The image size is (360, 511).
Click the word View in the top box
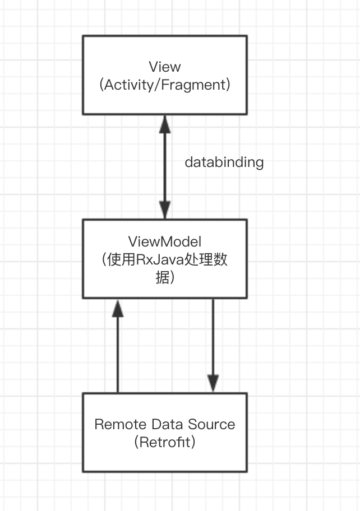(x=164, y=67)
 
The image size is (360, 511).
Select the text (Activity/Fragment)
(x=164, y=85)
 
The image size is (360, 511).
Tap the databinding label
(x=224, y=162)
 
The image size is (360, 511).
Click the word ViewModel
(x=164, y=241)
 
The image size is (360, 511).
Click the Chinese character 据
(x=162, y=278)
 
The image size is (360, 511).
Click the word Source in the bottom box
(x=213, y=424)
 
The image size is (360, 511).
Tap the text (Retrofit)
(x=164, y=443)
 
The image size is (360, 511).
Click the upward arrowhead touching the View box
(x=164, y=123)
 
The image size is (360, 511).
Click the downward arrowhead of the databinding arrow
(x=164, y=211)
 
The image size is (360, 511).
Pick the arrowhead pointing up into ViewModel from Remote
(x=117, y=308)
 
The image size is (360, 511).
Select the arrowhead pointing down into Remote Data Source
(x=213, y=383)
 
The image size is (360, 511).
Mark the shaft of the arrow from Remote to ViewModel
(x=117, y=353)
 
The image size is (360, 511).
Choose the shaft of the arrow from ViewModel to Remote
(x=213, y=336)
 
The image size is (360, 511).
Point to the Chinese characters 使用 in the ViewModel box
(x=118, y=260)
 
